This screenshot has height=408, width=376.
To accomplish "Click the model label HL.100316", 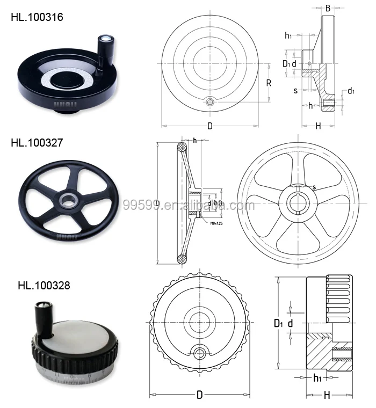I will click(37, 17).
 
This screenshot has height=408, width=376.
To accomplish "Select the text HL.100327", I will click(37, 143).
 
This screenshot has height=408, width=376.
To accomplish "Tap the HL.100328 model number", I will click(44, 285).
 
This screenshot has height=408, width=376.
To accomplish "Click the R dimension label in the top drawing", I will click(268, 83).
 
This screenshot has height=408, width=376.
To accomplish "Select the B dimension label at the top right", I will click(328, 8).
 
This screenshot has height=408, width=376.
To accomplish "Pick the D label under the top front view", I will click(210, 126).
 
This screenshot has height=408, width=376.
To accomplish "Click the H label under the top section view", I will click(318, 126).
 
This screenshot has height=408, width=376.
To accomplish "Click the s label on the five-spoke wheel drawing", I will click(314, 187).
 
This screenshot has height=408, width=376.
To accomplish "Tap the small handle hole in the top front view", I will click(211, 101).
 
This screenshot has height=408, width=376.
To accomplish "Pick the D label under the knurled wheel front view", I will click(199, 395).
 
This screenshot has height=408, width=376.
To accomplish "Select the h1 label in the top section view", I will click(288, 35).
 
